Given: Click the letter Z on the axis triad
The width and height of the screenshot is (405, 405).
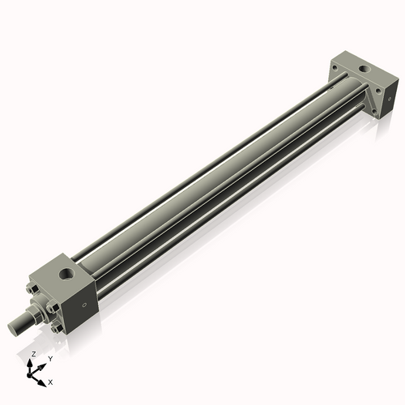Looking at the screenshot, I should pyautogui.click(x=32, y=355).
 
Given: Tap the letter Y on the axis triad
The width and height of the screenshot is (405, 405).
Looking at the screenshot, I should pyautogui.click(x=49, y=357).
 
